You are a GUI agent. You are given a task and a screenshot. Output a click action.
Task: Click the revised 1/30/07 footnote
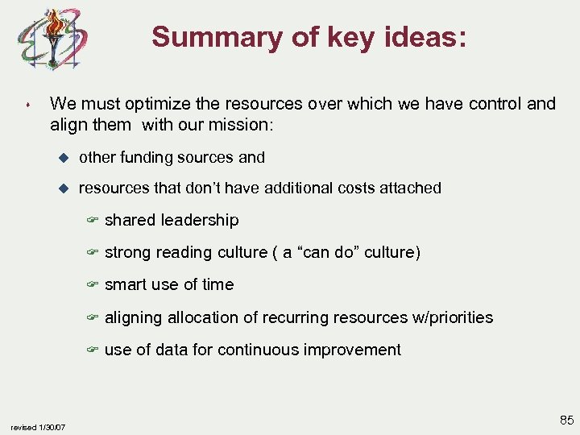(39, 427)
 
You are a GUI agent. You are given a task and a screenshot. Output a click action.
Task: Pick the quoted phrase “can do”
(329, 253)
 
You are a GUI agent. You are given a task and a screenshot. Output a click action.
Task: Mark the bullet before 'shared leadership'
(93, 221)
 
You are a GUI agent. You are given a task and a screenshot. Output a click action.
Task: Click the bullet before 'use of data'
(93, 350)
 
